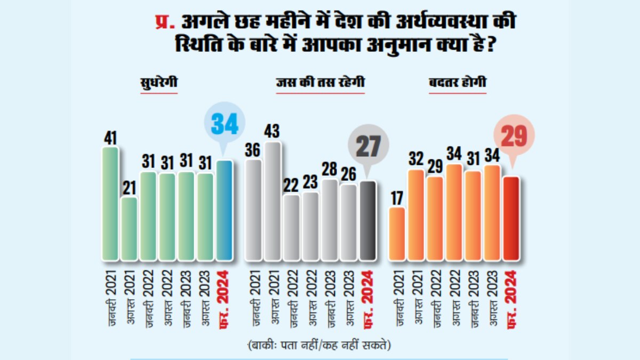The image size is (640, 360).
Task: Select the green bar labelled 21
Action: [x=129, y=229]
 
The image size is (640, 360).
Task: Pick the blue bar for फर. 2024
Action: [x=225, y=211]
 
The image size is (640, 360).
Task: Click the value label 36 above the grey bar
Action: [x=253, y=150]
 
